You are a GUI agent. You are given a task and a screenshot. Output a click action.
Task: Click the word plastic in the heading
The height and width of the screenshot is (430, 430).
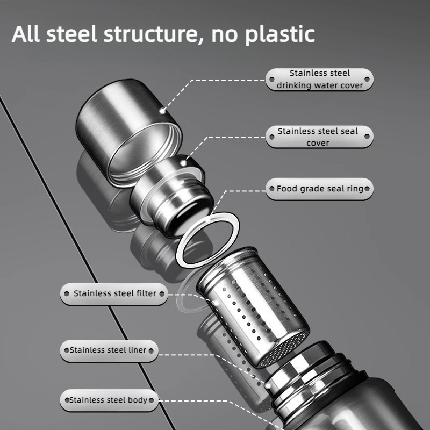[280, 35]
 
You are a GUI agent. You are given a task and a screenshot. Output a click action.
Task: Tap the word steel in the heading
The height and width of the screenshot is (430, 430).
[72, 34]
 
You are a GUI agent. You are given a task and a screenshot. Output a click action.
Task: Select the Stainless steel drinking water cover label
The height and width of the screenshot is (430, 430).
[319, 79]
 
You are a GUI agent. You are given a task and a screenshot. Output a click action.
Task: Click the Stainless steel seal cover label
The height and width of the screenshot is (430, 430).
[319, 137]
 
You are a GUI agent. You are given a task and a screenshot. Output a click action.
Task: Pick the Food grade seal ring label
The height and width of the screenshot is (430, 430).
[319, 189]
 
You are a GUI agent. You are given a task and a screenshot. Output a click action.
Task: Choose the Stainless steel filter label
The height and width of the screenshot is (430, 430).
[114, 293]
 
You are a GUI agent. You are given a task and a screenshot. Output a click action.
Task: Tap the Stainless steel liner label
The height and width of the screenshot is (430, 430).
[109, 351]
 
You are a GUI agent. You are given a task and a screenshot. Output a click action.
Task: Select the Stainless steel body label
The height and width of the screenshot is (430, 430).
[109, 400]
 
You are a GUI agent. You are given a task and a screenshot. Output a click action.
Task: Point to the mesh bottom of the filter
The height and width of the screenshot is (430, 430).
[283, 348]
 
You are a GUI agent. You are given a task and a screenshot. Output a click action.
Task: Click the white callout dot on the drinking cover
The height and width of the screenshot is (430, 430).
[162, 111]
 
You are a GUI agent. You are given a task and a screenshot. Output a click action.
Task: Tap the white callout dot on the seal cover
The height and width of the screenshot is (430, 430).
[183, 163]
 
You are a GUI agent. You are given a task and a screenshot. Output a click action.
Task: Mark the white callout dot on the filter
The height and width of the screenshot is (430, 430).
[217, 303]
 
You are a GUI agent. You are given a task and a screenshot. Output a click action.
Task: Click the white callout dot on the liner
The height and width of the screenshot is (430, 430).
[268, 386]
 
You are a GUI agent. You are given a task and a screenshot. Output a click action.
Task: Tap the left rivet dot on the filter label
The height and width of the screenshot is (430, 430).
[66, 294]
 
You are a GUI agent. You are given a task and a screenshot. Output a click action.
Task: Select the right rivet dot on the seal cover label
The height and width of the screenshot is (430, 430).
[367, 137]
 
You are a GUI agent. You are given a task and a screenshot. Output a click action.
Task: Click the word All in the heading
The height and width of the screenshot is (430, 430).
[25, 34]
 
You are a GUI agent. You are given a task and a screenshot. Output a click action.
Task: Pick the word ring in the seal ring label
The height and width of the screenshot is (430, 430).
[355, 189]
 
